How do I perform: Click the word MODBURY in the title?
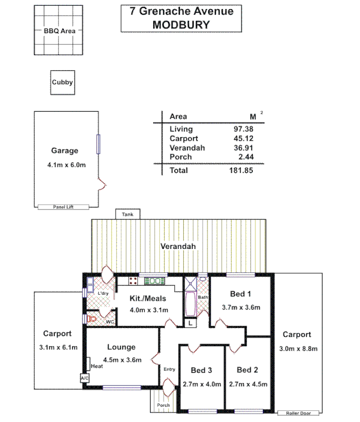[x=181, y=24]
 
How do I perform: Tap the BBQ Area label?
[x=59, y=31]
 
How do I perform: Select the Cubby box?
[x=62, y=82]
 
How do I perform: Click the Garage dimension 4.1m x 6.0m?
[x=66, y=165]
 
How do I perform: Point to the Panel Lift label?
[x=63, y=207]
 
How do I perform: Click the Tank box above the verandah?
[x=127, y=215]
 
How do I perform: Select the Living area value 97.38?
[x=243, y=129]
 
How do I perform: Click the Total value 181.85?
[x=241, y=171]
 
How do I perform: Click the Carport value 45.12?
[x=243, y=139]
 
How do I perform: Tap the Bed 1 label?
[x=240, y=294]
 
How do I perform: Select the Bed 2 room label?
[x=247, y=370]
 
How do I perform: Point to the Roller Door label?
[x=299, y=413]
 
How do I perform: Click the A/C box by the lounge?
[x=84, y=378]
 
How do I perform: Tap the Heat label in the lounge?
[x=97, y=366]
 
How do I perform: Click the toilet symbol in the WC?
[x=93, y=319]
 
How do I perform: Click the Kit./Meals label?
[x=148, y=299]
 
